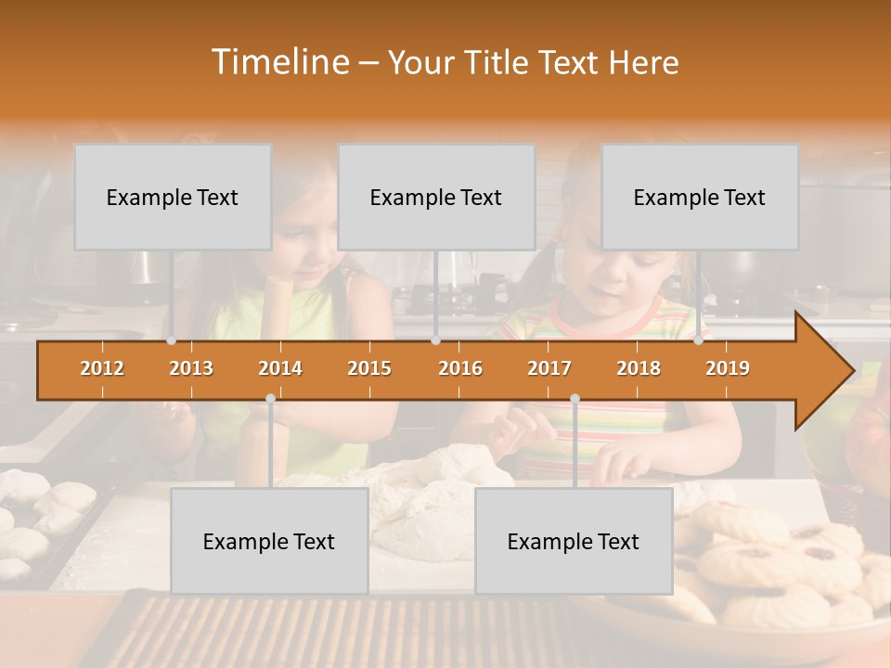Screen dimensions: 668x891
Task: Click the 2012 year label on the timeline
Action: [102, 368]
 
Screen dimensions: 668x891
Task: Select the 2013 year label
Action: [191, 368]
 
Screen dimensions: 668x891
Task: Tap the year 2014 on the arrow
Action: [280, 368]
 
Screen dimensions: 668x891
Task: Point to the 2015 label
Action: [369, 368]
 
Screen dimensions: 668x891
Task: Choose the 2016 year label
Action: [460, 368]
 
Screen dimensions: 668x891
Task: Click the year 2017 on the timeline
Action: [549, 368]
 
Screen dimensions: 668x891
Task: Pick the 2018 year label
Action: [639, 368]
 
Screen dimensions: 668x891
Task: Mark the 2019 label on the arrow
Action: [728, 368]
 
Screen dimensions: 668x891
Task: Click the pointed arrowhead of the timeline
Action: [826, 371]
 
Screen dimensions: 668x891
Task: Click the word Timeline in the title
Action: [278, 62]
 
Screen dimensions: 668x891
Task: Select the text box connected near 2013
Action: [173, 197]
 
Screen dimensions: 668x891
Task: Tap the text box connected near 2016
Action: [436, 197]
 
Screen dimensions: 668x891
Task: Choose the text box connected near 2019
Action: [700, 197]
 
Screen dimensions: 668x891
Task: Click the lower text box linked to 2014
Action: [269, 541]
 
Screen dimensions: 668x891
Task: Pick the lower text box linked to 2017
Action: [574, 541]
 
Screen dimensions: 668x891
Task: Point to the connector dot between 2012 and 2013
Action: [172, 340]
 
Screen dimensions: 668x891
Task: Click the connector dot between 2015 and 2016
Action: [436, 340]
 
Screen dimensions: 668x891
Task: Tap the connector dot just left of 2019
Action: [699, 340]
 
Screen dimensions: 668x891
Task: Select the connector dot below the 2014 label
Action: [270, 399]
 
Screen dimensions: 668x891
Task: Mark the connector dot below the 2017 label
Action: [575, 399]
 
